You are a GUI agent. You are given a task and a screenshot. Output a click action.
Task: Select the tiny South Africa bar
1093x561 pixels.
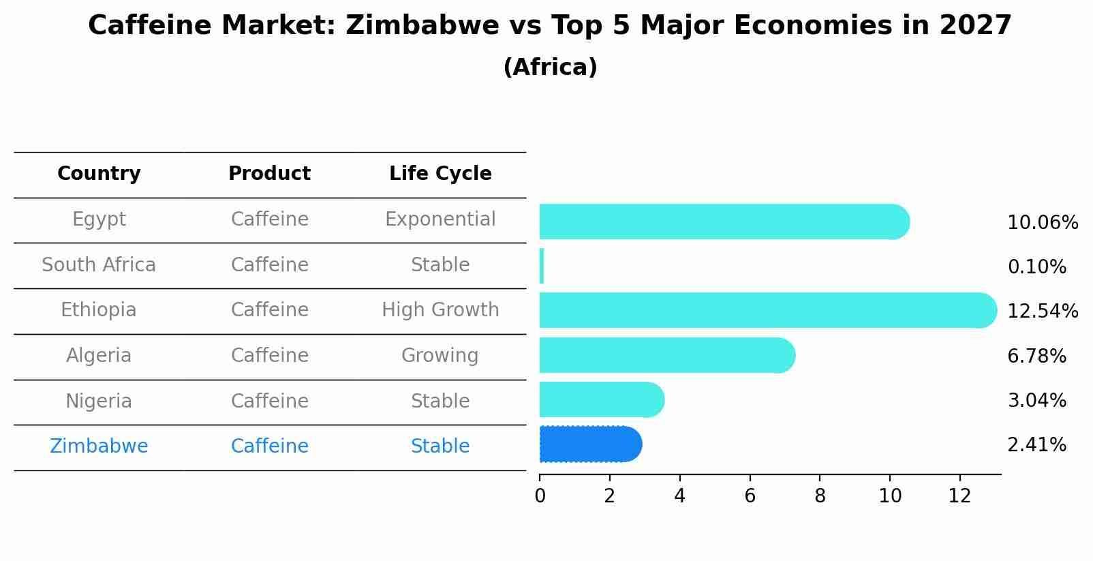click(542, 266)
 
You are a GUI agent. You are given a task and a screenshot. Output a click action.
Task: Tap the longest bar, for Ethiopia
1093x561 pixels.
click(767, 310)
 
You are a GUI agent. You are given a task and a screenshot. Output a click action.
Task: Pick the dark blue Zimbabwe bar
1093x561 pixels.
click(590, 444)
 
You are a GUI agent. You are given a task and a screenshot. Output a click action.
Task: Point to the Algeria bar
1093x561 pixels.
click(666, 355)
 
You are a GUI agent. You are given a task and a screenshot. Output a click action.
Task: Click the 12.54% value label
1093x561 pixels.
click(1043, 312)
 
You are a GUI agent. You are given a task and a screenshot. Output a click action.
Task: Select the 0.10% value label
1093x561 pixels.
click(1036, 267)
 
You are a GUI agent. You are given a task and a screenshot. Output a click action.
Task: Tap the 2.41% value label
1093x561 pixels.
click(1036, 445)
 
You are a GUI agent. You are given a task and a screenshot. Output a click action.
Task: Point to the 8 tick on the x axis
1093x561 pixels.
click(820, 496)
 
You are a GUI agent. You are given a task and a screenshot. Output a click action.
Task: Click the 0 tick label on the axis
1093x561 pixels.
click(540, 496)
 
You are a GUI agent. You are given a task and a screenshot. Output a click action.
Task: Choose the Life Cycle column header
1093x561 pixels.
click(440, 174)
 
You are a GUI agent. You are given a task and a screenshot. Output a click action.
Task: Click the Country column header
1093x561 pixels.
click(99, 174)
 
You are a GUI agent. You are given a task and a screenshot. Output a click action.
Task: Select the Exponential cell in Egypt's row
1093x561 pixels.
click(440, 219)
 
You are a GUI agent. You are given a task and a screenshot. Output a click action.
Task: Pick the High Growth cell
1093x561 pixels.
click(440, 310)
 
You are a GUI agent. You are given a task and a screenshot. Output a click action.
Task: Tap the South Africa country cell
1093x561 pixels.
click(99, 265)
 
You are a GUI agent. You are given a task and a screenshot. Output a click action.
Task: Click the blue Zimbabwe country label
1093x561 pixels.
click(99, 446)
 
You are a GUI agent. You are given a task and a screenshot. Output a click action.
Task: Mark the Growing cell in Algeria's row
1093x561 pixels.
click(440, 356)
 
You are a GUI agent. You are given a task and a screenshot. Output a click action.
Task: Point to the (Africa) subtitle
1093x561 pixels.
click(550, 67)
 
